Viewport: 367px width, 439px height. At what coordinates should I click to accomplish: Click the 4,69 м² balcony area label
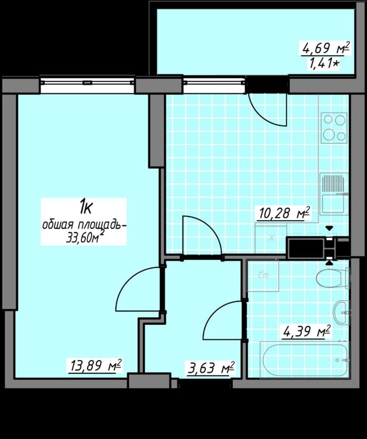[326, 49]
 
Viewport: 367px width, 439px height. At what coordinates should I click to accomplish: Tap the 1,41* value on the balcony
[324, 64]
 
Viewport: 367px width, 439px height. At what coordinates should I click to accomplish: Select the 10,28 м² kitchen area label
[284, 214]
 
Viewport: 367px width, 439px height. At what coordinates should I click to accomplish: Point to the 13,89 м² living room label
[96, 365]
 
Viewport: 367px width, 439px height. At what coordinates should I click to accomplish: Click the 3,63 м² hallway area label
[211, 368]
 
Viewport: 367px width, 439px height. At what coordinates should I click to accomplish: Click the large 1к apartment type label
[86, 207]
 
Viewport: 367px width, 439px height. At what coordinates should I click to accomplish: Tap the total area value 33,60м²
[84, 238]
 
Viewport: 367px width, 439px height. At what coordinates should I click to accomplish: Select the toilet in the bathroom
[333, 278]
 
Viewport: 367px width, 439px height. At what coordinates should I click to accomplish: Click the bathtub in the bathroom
[305, 360]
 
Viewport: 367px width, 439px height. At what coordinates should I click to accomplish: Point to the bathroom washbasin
[341, 313]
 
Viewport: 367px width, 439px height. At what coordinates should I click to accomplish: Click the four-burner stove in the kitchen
[334, 128]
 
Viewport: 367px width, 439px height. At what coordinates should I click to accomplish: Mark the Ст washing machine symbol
[263, 276]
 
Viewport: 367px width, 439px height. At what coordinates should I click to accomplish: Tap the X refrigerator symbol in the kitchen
[271, 239]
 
